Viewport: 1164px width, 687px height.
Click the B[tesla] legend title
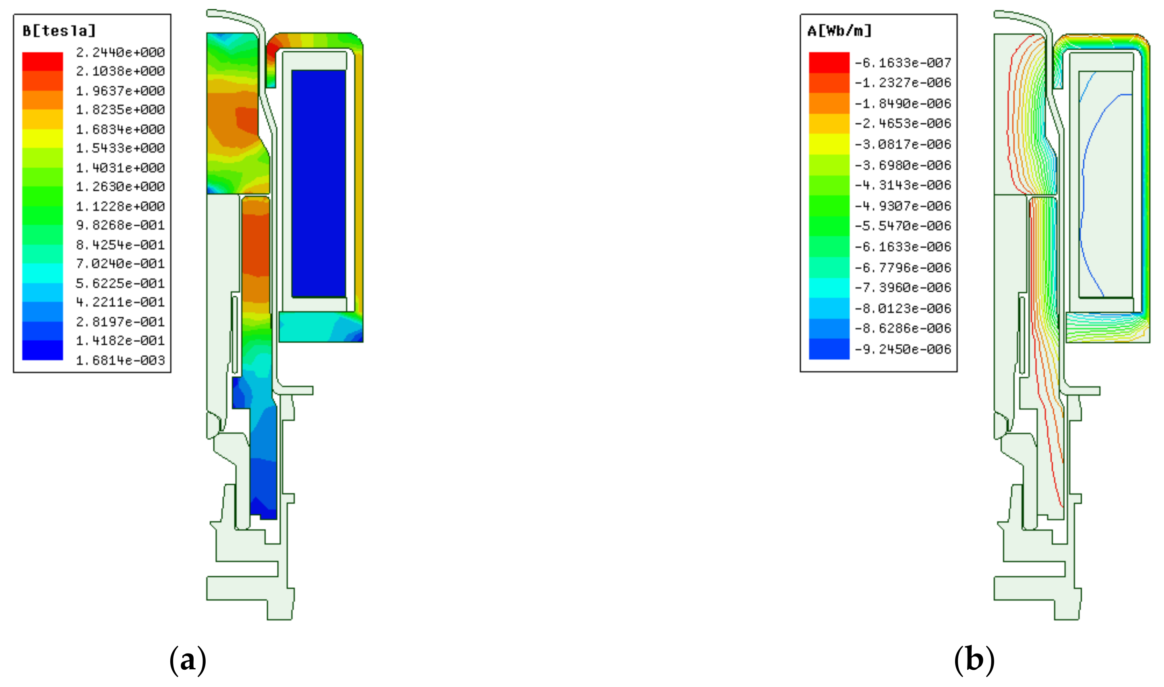(x=59, y=31)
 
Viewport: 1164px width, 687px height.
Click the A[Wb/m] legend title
(x=839, y=31)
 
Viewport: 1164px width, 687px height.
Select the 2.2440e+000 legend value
(x=120, y=52)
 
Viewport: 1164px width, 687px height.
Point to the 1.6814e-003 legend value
(x=120, y=360)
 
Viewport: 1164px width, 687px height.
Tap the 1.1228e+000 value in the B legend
(x=120, y=206)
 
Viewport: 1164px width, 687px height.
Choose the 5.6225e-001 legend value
(x=120, y=283)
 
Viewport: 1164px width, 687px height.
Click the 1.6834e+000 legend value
(x=120, y=129)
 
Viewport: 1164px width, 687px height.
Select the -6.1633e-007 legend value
(x=903, y=62)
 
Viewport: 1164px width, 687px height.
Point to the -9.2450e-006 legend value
(x=903, y=349)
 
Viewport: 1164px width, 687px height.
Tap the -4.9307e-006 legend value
(x=903, y=206)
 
